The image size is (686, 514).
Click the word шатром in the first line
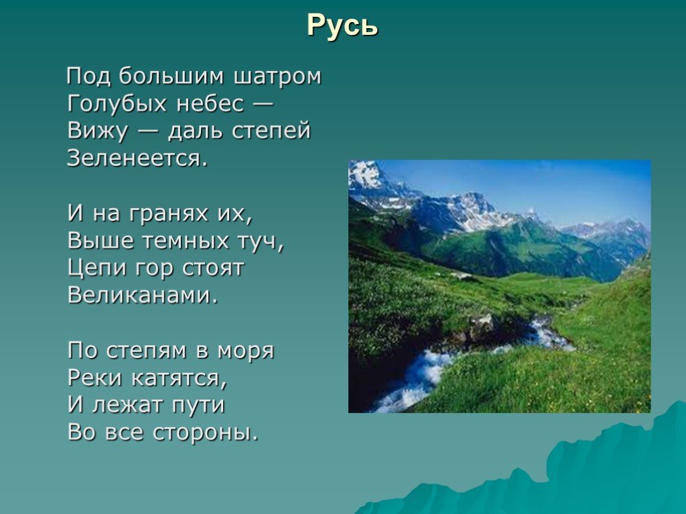click(277, 76)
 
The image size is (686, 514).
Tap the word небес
click(210, 104)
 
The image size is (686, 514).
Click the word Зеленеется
click(137, 158)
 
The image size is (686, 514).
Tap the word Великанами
click(143, 296)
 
